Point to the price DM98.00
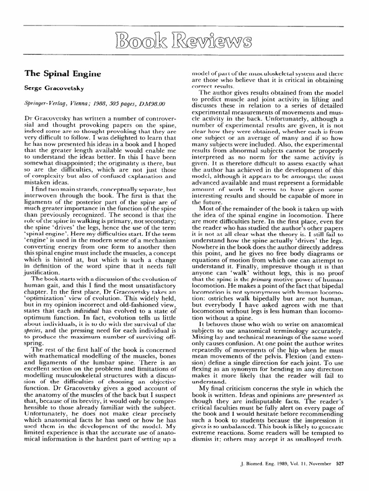point(152,103)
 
